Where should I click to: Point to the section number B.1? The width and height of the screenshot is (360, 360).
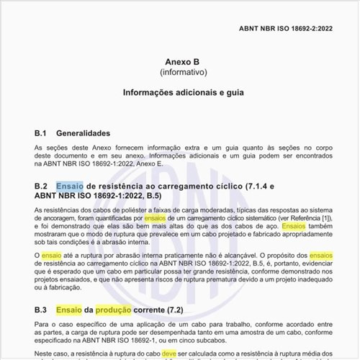[41, 133]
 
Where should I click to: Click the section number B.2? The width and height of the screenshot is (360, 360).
[41, 186]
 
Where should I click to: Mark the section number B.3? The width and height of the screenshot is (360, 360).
[41, 310]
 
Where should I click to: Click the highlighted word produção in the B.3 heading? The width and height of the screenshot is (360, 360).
[114, 310]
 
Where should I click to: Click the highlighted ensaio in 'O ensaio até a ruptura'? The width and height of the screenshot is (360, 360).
[52, 256]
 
